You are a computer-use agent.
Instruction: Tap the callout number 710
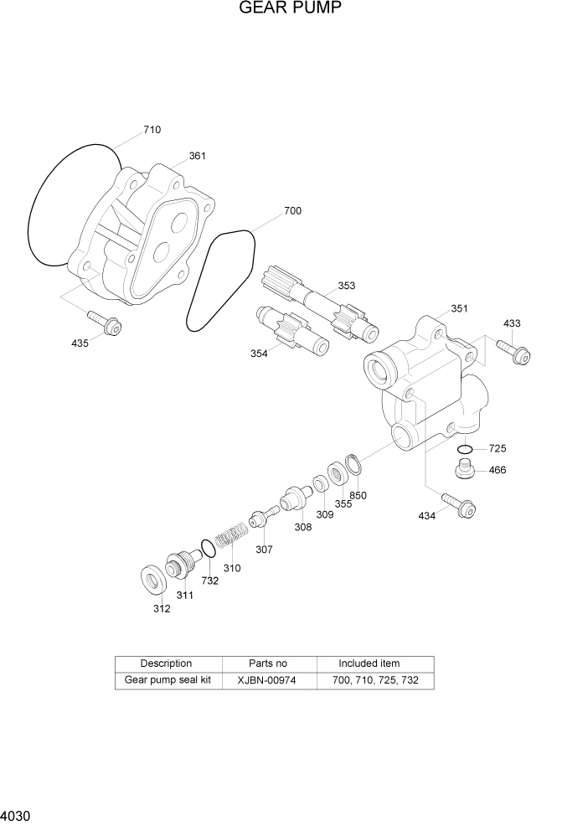152,130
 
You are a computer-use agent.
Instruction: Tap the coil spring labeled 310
229,536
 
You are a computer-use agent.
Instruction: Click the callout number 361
197,156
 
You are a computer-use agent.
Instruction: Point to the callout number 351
459,308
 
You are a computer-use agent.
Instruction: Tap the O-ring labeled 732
205,549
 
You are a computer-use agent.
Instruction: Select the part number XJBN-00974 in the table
267,680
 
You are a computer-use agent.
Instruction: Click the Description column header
166,663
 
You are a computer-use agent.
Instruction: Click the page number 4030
16,814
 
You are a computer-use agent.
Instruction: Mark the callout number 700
292,211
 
